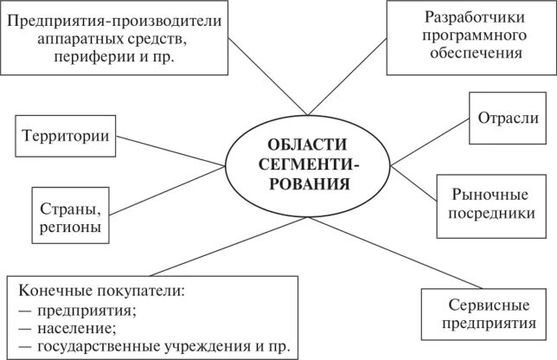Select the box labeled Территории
(67, 137)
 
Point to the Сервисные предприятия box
(487, 315)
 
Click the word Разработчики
(471, 16)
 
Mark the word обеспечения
(471, 54)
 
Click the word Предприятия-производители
(114, 19)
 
